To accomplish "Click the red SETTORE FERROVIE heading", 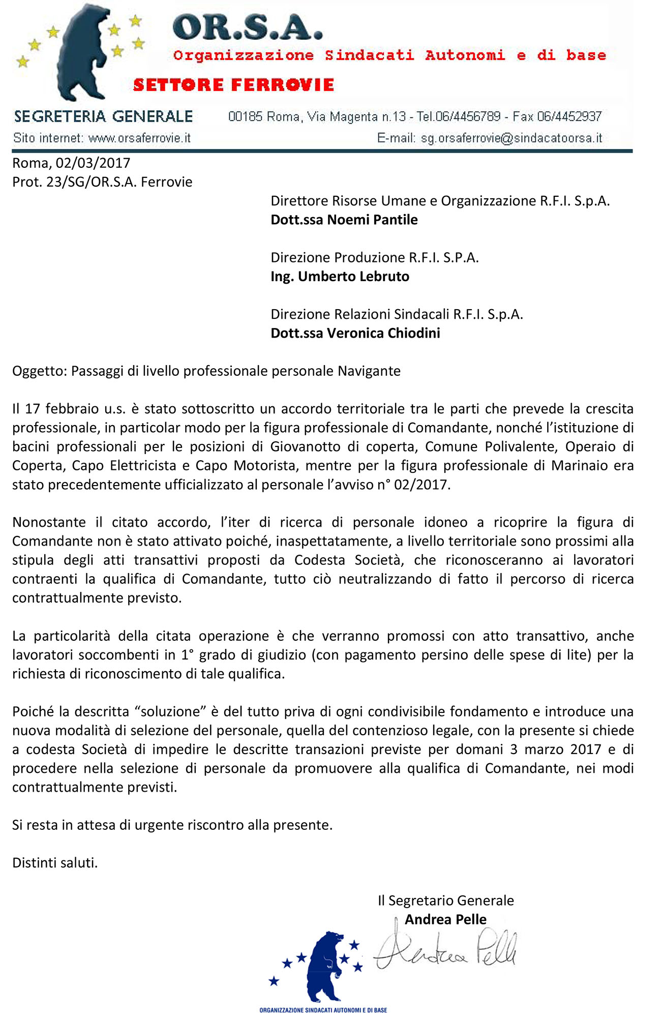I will pyautogui.click(x=233, y=84).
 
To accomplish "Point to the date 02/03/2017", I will pyautogui.click(x=93, y=163).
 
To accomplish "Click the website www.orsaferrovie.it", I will pyautogui.click(x=139, y=138).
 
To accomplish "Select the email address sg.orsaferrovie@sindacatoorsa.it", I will pyautogui.click(x=511, y=138).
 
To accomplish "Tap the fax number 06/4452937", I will pyautogui.click(x=569, y=117).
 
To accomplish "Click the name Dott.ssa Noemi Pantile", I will pyautogui.click(x=344, y=220).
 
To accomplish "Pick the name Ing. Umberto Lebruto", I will pyautogui.click(x=340, y=277).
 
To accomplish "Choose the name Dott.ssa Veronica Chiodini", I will pyautogui.click(x=355, y=333).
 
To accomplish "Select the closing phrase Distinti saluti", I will pyautogui.click(x=55, y=863).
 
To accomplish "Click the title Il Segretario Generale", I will pyautogui.click(x=445, y=901).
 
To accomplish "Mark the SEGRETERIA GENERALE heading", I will pyautogui.click(x=103, y=116).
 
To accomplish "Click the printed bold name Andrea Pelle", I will pyautogui.click(x=445, y=919).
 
